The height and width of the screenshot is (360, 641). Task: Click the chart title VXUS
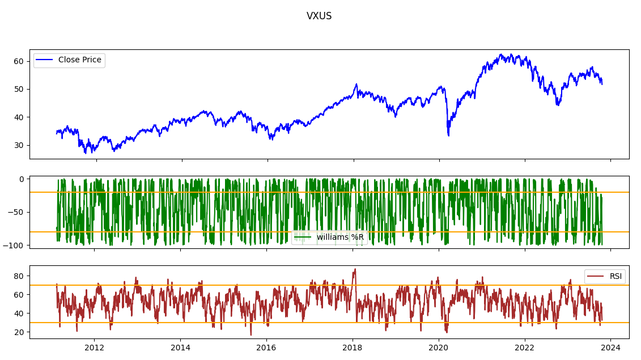coord(319,16)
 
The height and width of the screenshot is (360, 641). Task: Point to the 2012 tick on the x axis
coord(94,348)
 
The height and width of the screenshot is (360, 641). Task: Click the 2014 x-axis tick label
coord(180,348)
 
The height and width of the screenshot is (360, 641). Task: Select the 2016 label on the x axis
coord(266,348)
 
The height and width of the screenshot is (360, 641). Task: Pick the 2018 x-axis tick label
coord(353,348)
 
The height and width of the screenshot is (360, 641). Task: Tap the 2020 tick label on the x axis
coord(439,348)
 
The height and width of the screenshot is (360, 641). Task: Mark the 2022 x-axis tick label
coord(525,348)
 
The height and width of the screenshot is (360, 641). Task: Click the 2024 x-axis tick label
coord(610,348)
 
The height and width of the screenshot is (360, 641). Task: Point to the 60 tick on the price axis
coord(19,61)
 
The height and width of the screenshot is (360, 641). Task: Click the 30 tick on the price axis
coord(19,145)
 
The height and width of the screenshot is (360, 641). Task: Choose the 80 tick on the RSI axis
coord(19,276)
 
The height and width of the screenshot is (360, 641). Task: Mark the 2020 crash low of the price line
coord(448,135)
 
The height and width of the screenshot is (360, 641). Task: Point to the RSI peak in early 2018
coord(355,269)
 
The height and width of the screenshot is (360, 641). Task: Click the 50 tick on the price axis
coord(19,89)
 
